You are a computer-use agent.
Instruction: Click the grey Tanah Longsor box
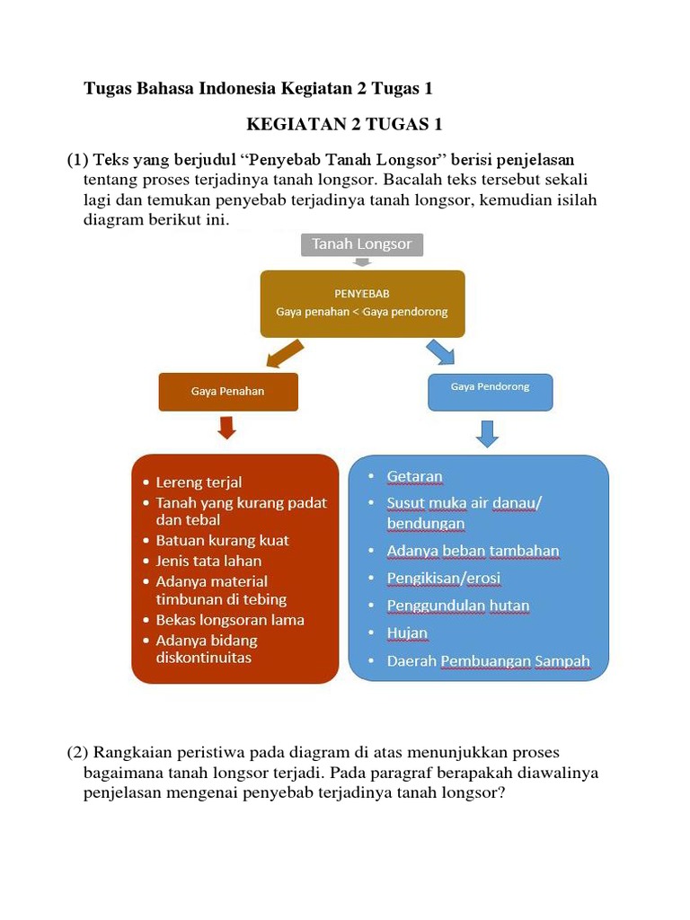coord(361,244)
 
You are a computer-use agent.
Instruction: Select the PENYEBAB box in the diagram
coord(362,303)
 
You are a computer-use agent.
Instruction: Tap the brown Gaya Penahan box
coord(228,392)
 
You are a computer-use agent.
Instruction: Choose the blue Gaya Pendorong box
coord(490,390)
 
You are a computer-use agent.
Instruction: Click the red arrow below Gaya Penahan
coord(227,428)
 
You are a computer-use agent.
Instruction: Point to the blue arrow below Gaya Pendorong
coord(487,433)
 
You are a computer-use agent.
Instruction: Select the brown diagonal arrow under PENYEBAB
coord(287,354)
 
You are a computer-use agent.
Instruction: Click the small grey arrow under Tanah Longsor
coord(361,262)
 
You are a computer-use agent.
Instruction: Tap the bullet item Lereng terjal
coord(199,482)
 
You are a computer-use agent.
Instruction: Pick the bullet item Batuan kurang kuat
coord(222,541)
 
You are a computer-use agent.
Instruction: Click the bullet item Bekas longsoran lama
coord(229,620)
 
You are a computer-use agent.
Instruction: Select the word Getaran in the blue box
coord(414,476)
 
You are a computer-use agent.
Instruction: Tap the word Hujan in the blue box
coord(407,633)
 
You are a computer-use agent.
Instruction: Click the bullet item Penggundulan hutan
coord(457,606)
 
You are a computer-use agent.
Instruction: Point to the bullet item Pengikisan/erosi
coord(443,578)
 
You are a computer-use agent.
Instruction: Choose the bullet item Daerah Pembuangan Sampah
coord(488,661)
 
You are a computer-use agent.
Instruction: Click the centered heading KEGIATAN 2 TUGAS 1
coord(344,124)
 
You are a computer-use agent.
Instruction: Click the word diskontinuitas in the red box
coord(203,658)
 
